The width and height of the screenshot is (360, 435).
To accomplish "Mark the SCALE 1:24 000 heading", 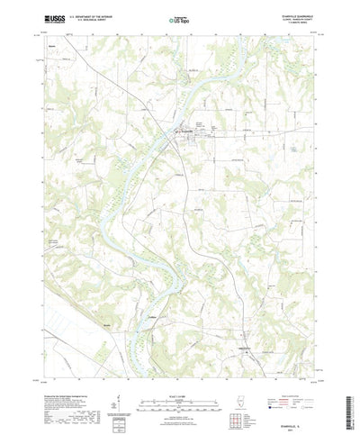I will pyautogui.click(x=179, y=376).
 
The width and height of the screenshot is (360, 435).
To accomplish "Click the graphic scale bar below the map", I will pyautogui.click(x=179, y=385).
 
